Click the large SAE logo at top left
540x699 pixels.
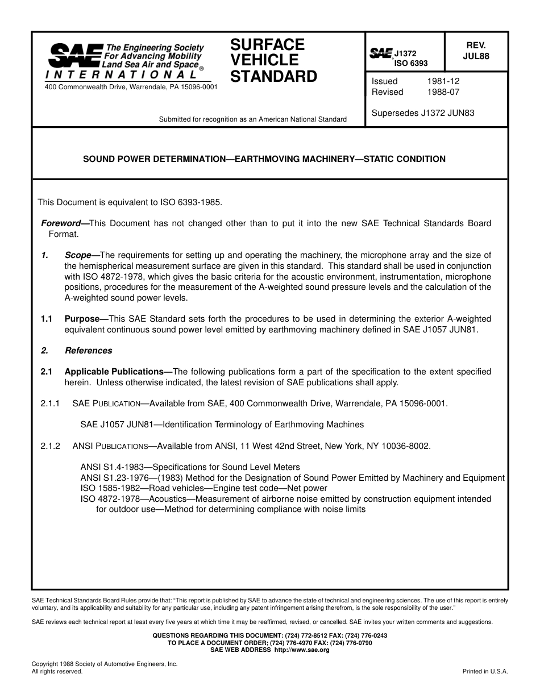(x=75, y=56)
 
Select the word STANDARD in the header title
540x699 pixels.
(x=273, y=77)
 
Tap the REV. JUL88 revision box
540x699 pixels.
(x=476, y=51)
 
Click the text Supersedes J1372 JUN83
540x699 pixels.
(x=423, y=113)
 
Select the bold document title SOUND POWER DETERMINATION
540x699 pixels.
(x=264, y=159)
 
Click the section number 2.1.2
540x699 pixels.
(x=50, y=446)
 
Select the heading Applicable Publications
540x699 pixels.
(x=118, y=372)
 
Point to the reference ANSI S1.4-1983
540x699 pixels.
(x=112, y=467)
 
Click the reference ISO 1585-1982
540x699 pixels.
(x=111, y=488)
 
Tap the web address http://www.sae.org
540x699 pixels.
(x=302, y=650)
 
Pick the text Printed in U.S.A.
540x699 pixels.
(x=485, y=671)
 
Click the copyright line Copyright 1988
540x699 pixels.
(x=105, y=664)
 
